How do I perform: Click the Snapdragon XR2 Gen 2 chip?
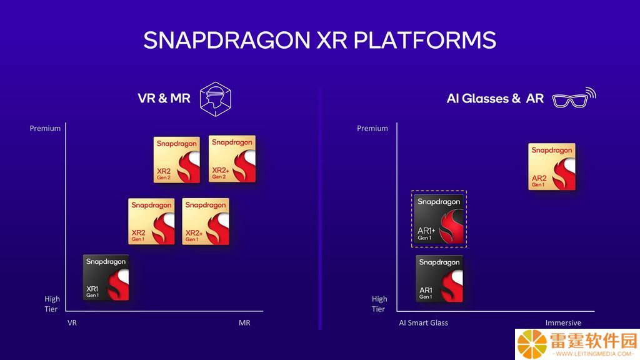click(177, 159)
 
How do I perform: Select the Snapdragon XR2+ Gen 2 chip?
click(232, 159)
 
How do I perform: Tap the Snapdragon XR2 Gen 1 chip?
click(151, 222)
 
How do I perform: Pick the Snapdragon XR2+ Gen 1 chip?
click(206, 222)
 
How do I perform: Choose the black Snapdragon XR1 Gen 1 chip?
click(106, 277)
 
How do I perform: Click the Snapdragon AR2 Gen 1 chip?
click(552, 166)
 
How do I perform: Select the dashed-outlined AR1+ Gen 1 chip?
click(439, 219)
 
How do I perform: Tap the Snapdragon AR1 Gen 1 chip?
click(439, 279)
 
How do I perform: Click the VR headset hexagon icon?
click(216, 99)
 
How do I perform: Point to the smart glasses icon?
click(574, 98)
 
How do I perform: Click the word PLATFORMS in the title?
click(424, 40)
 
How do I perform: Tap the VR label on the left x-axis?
click(72, 323)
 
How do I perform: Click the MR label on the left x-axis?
click(244, 323)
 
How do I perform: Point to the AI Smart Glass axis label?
click(423, 323)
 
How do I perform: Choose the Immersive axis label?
click(563, 323)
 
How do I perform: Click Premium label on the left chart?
click(45, 128)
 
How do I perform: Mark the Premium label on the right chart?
click(372, 128)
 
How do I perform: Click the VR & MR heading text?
click(164, 98)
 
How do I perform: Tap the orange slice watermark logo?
click(532, 344)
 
